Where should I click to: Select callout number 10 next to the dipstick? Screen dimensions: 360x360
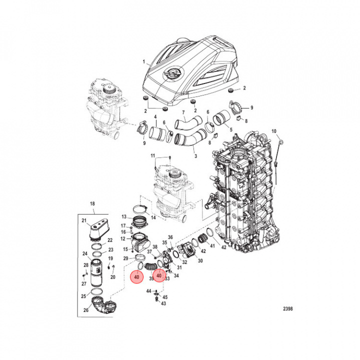pos(273,131)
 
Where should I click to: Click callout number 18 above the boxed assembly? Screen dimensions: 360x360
pos(91,204)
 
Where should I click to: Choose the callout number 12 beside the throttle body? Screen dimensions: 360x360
pos(123,238)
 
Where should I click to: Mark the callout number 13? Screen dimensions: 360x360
pos(123,216)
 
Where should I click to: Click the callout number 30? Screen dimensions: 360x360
pos(200,260)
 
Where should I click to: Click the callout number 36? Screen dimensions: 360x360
pos(170,237)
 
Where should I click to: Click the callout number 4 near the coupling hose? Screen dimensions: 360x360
pos(155,117)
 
